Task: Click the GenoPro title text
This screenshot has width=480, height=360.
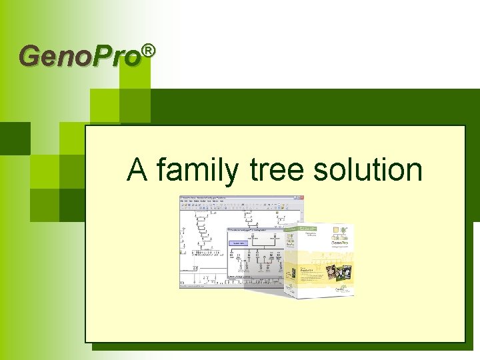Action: pyautogui.click(x=81, y=57)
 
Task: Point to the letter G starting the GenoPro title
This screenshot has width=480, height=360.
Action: pyautogui.click(x=30, y=57)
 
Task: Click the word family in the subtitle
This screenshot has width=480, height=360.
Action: pyautogui.click(x=197, y=171)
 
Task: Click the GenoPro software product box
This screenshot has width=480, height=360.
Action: pyautogui.click(x=320, y=257)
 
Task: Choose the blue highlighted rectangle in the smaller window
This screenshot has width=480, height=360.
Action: pyautogui.click(x=238, y=244)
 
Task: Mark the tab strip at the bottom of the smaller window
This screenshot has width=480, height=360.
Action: pyautogui.click(x=250, y=276)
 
